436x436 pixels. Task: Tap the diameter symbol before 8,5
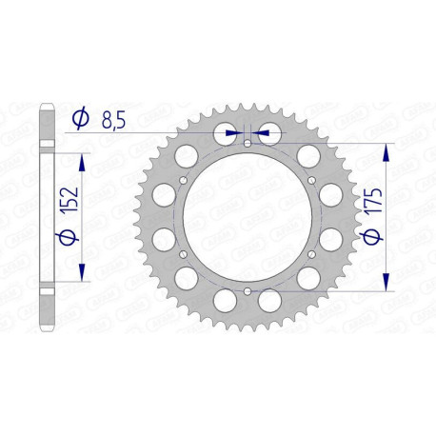(81, 120)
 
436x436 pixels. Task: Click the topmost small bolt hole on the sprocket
(248, 145)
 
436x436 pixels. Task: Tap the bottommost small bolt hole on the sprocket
(248, 290)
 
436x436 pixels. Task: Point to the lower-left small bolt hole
(185, 254)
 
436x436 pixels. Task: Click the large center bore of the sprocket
(248, 217)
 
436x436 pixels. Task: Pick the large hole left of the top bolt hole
(222, 133)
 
